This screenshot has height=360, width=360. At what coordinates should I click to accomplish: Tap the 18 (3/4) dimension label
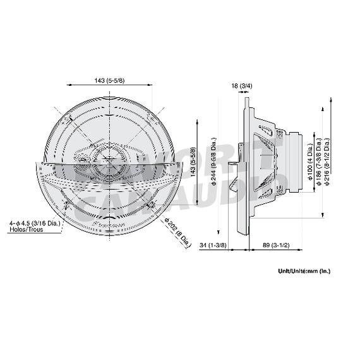pos(242,85)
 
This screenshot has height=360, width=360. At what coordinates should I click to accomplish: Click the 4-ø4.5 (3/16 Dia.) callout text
pos(37,223)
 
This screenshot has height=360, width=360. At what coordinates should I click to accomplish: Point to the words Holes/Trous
pos(24,231)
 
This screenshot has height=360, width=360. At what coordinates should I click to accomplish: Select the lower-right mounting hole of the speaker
pos(154,206)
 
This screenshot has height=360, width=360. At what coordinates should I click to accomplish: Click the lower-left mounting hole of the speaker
pos(66,206)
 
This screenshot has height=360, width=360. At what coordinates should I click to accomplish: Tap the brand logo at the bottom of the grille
pos(110,223)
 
